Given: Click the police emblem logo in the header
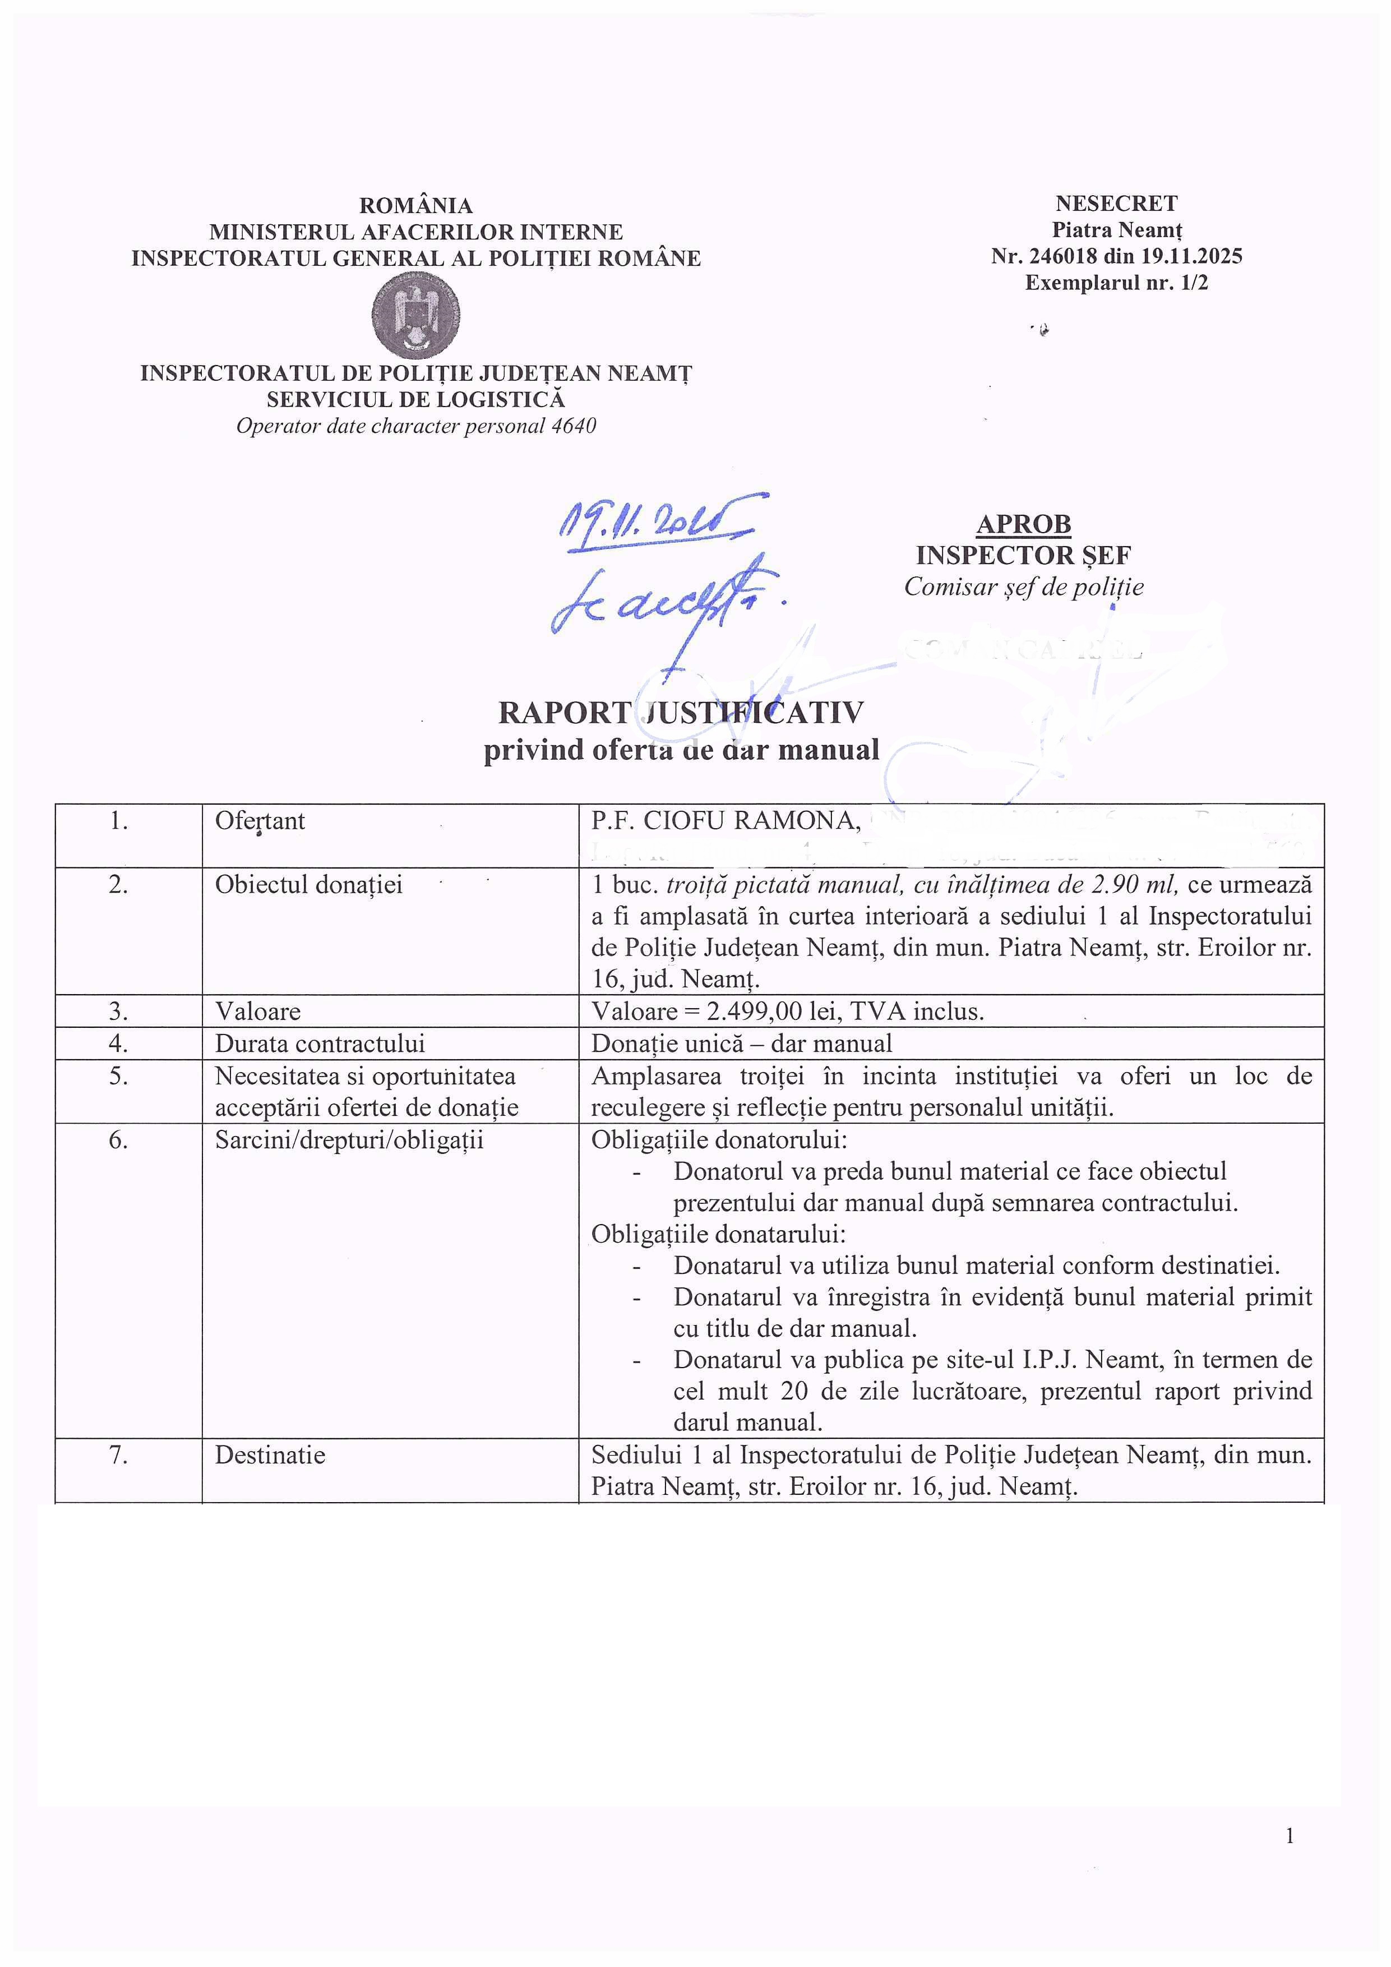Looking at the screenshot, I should pos(415,315).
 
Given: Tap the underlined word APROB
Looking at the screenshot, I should pos(1024,524).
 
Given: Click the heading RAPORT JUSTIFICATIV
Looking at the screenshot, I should pos(681,713).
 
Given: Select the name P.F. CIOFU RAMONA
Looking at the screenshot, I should pos(724,821).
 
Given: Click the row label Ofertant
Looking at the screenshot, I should pos(260,821).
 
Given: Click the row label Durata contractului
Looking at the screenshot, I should pos(320,1043).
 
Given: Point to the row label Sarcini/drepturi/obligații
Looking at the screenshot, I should pos(349,1141).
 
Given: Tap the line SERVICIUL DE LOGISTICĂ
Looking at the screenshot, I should pos(415,399).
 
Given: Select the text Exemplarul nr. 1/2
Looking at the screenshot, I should pos(1116,283).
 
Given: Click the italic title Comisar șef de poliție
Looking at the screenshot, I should pos(1024,587).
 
